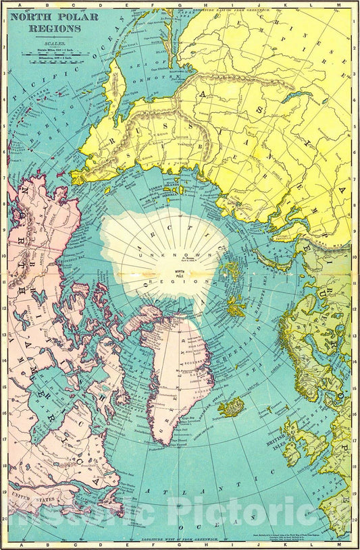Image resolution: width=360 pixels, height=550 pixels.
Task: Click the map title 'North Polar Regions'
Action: (53, 22)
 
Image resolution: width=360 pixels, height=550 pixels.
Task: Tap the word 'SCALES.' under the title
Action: (54, 43)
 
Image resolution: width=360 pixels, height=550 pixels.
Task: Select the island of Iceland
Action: (230, 408)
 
